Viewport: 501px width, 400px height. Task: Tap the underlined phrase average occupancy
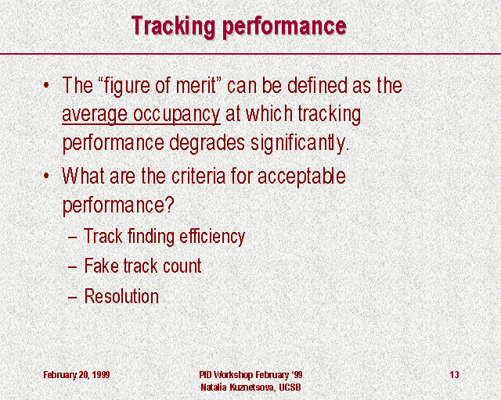coord(141,115)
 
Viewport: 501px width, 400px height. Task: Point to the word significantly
coord(300,143)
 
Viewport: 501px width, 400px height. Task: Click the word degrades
coord(207,143)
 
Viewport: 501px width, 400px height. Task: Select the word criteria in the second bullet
coord(199,176)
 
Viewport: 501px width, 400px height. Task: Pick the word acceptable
coord(301,177)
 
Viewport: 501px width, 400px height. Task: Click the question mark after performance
coord(170,205)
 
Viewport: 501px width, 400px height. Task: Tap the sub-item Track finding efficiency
coord(164,237)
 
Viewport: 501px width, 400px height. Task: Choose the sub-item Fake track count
coord(142,266)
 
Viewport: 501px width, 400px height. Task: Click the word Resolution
coord(121,296)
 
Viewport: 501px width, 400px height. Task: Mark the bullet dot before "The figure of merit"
coord(47,85)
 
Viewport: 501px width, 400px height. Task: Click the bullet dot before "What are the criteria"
coord(47,176)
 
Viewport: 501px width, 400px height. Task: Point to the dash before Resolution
coord(72,298)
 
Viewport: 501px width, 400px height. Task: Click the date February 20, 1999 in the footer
coord(77,374)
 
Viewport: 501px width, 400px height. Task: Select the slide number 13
coord(454,374)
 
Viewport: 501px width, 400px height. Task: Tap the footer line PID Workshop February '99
coord(250,374)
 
